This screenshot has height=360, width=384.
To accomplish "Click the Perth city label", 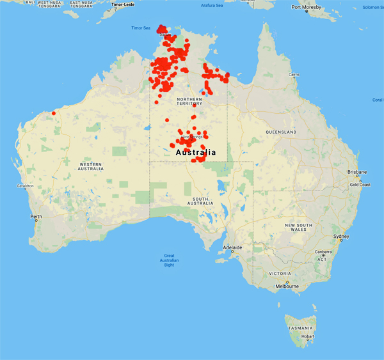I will tap(36, 216).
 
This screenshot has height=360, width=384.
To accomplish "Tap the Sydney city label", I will tap(340, 237).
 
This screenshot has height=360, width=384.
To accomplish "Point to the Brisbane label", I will tap(357, 172).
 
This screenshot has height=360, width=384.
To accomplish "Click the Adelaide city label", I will tap(232, 247).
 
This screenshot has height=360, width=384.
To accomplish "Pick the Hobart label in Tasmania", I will tap(305, 336).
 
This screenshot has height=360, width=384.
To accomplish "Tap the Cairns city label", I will tap(294, 75).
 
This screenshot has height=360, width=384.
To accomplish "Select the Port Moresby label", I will tap(305, 8).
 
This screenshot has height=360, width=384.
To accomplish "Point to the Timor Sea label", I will tap(140, 28).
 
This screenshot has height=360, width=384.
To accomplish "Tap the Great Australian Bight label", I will tap(170, 260).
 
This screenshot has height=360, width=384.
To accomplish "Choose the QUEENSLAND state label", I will tap(281, 132).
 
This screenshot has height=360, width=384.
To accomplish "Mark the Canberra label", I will tap(323, 252).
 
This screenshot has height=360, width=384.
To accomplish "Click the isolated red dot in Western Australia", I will tap(54, 114).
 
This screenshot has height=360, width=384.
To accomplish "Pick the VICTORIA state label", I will tap(285, 273).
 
